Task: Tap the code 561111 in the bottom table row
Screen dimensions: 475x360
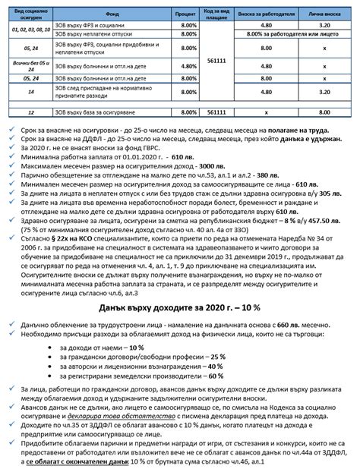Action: click(x=216, y=112)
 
